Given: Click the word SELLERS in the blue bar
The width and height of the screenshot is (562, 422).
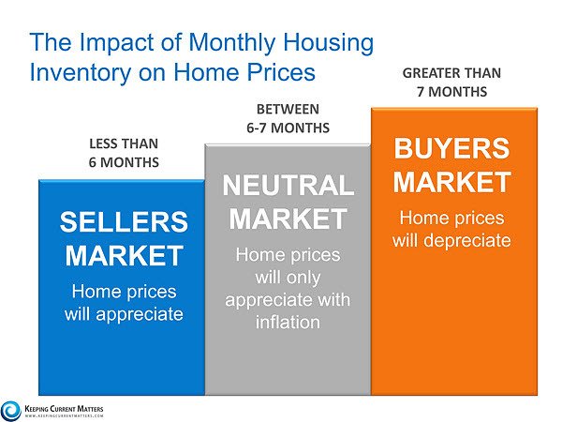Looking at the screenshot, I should click(124, 222).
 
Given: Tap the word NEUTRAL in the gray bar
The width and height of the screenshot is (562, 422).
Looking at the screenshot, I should click(288, 186).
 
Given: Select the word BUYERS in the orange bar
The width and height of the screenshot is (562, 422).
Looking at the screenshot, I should click(451, 149).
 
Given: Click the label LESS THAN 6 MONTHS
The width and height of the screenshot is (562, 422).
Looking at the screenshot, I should click(124, 153).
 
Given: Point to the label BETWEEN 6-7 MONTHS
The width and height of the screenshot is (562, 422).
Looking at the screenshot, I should click(288, 118).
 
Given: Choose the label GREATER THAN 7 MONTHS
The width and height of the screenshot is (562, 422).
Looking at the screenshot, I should click(451, 83).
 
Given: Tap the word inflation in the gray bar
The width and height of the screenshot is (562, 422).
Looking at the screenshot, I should click(288, 323).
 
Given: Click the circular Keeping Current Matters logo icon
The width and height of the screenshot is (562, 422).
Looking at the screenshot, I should click(11, 409).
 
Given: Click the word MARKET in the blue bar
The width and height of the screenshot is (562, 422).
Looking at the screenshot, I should click(124, 255).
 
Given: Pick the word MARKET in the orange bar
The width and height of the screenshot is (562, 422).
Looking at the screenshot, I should click(451, 182).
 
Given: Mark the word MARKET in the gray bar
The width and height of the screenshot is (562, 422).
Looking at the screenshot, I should click(288, 219).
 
